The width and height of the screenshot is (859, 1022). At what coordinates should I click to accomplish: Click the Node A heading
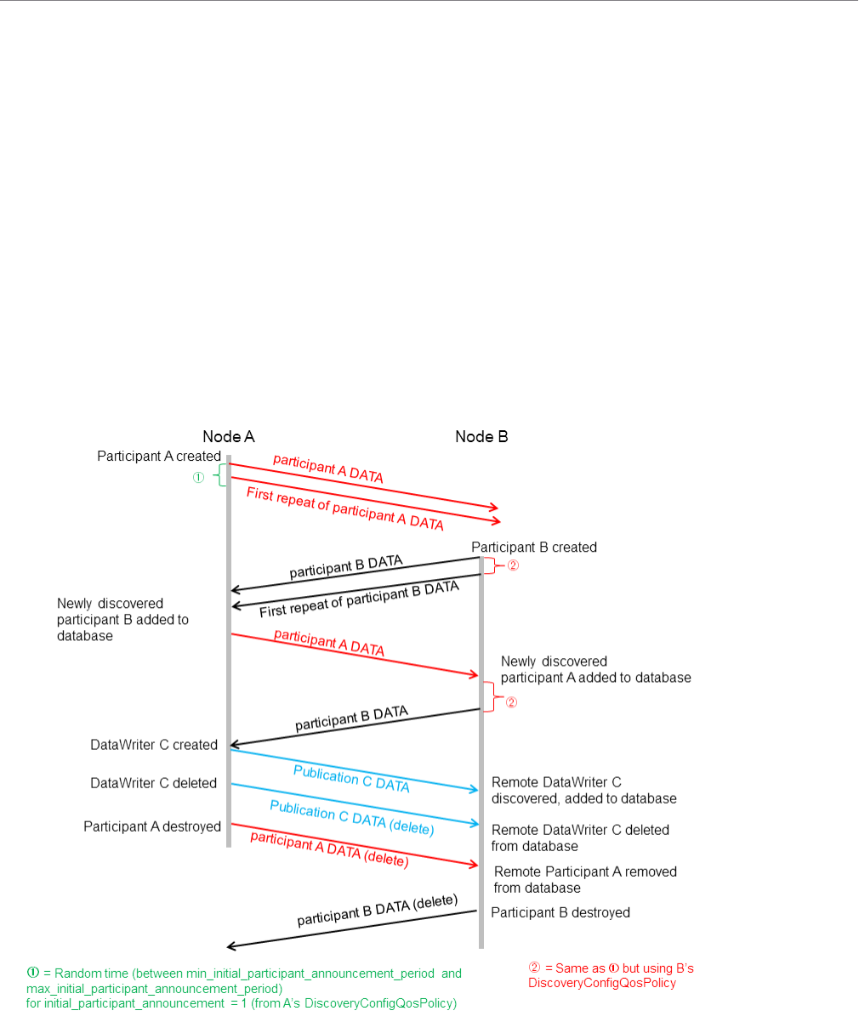(x=228, y=436)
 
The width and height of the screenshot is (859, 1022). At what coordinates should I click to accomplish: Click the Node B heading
(x=481, y=436)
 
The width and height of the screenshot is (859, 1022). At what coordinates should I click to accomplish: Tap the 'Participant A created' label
(x=159, y=457)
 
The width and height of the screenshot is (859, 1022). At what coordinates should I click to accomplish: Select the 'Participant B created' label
(x=534, y=548)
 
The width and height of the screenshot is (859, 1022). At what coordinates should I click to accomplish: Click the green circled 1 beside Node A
(x=198, y=478)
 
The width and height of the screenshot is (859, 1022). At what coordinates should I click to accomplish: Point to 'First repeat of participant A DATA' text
(x=344, y=508)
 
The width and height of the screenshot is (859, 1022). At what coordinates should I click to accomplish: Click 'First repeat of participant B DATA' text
(x=359, y=599)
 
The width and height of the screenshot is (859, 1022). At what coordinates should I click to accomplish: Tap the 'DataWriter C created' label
(x=154, y=745)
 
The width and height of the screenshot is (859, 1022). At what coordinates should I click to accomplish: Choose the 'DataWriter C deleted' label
(x=154, y=783)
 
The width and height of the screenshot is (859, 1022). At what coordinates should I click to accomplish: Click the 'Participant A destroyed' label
(x=152, y=826)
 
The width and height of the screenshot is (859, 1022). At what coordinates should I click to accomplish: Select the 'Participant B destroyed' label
(x=560, y=912)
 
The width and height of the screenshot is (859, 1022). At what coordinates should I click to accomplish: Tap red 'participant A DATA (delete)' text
(x=329, y=849)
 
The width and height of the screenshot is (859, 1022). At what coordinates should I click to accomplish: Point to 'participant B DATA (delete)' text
(x=377, y=911)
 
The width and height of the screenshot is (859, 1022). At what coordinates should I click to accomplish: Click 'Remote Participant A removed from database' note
(x=585, y=880)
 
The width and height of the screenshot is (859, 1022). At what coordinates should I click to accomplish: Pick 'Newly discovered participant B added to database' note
(x=122, y=620)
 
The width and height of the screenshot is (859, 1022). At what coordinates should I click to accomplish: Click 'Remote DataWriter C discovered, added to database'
(x=583, y=791)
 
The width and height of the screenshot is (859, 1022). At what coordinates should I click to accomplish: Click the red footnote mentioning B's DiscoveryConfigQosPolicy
(x=612, y=975)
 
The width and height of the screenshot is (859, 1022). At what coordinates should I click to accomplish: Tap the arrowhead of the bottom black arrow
(x=230, y=946)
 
